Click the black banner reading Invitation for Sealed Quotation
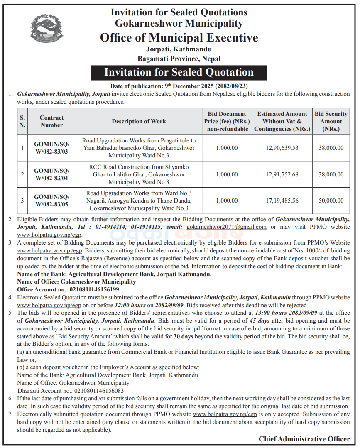[x=179, y=72]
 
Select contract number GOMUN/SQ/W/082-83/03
[x=52, y=148]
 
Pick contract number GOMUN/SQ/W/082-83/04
[x=52, y=174]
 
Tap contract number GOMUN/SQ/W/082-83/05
[x=52, y=201]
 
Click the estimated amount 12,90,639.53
[x=282, y=148]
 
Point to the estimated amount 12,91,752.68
[x=282, y=174]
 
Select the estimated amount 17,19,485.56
[x=282, y=201]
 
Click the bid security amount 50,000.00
[x=331, y=201]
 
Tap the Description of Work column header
[x=139, y=121]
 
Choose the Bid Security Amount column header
[x=331, y=121]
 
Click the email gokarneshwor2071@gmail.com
[x=226, y=227]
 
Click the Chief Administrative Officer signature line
[x=304, y=439]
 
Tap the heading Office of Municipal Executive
[x=179, y=38]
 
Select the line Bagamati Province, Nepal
[x=179, y=59]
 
